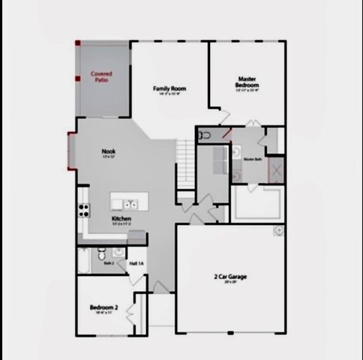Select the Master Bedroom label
click(247, 82)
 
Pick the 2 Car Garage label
click(231, 277)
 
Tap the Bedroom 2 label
click(104, 307)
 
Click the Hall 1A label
click(136, 264)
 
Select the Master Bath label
click(252, 159)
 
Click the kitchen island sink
click(130, 203)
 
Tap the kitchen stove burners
click(83, 211)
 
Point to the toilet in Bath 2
click(121, 253)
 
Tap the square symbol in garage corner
click(278, 229)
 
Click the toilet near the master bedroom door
click(205, 136)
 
